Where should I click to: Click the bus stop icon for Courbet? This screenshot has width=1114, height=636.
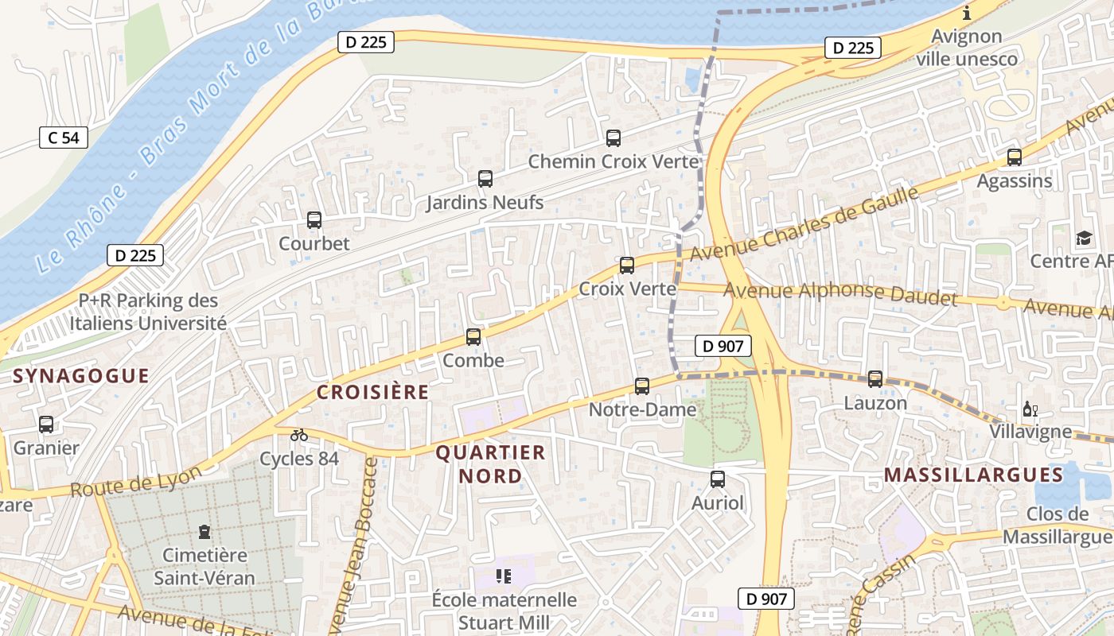[x=314, y=220]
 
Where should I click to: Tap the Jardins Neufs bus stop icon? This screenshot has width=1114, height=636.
[x=485, y=179]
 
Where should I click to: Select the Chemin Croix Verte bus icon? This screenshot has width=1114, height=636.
[x=613, y=138]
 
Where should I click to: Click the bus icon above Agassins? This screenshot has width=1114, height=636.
[x=1014, y=157]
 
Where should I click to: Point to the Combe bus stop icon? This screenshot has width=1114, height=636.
[x=473, y=337]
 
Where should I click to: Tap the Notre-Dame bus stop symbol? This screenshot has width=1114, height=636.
[x=642, y=386]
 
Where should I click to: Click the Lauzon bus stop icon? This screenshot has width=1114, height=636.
[x=875, y=379]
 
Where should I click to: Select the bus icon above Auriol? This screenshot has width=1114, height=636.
[x=717, y=479]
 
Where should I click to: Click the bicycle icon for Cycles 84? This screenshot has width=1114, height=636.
[x=299, y=435]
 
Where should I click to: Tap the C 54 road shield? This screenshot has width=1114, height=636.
[x=64, y=138]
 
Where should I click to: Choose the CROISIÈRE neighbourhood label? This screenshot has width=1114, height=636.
[x=372, y=392]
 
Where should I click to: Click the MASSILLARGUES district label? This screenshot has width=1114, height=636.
[x=973, y=475]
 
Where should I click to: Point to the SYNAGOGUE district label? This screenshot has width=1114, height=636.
[x=81, y=376]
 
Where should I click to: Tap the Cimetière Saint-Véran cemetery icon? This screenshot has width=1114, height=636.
[x=204, y=532]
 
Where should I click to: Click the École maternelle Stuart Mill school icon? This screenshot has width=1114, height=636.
[x=503, y=576]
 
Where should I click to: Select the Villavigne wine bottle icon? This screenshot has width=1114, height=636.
[x=1030, y=409]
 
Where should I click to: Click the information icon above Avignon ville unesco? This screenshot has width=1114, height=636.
[x=967, y=14]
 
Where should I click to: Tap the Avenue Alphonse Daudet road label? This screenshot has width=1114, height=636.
[x=839, y=293]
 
